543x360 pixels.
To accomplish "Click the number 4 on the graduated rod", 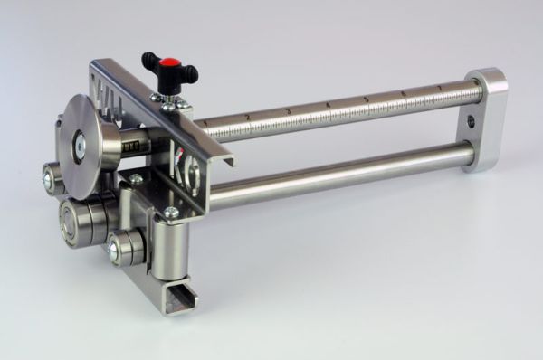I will (329, 102).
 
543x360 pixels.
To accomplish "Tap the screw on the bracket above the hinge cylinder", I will (170, 213).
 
